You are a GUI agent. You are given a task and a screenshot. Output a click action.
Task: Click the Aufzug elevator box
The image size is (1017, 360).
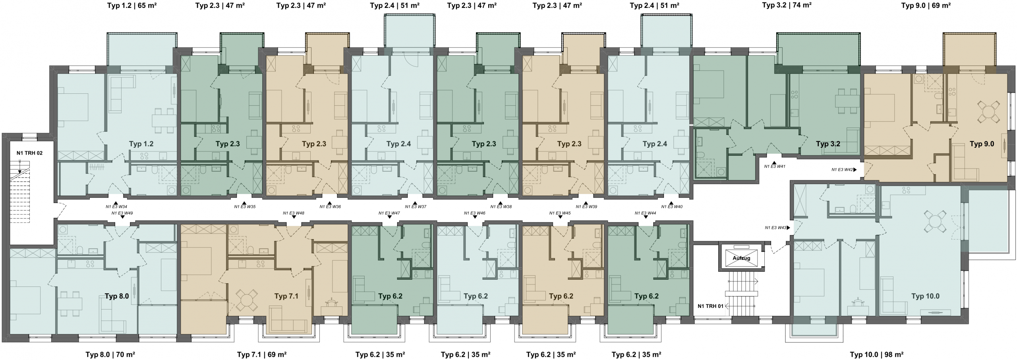tap(741, 258)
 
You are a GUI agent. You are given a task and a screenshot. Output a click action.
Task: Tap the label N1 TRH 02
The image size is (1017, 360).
tap(29, 153)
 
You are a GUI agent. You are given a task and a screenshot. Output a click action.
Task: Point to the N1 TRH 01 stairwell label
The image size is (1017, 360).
tap(711, 306)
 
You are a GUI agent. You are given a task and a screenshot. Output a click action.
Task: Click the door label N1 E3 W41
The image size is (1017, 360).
tap(775, 166)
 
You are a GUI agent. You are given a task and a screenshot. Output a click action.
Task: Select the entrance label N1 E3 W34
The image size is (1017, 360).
tap(116, 207)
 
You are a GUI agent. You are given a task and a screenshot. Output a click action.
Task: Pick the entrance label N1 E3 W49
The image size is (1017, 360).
tap(122, 213)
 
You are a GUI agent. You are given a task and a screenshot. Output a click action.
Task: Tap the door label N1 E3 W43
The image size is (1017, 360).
tap(775, 228)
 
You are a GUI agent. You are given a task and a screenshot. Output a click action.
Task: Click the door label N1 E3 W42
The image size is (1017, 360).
tap(842, 170)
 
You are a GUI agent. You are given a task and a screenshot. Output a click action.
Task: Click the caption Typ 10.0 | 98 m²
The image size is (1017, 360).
tap(877, 354)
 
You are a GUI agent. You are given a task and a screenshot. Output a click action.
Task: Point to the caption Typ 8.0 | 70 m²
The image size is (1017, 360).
tap(110, 354)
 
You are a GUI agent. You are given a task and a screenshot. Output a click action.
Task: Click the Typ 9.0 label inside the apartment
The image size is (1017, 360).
tap(982, 144)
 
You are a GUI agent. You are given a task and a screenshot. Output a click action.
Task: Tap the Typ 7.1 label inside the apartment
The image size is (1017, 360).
tap(286, 296)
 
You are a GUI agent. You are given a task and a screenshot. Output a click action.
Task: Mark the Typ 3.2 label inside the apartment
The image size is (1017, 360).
tap(828, 144)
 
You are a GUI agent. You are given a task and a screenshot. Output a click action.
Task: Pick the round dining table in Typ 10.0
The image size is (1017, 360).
tap(935, 222)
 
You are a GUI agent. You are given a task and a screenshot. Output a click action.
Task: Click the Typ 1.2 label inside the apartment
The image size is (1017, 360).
tap(141, 144)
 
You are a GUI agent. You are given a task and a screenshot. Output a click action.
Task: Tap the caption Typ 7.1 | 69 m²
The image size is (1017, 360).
tap(262, 354)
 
